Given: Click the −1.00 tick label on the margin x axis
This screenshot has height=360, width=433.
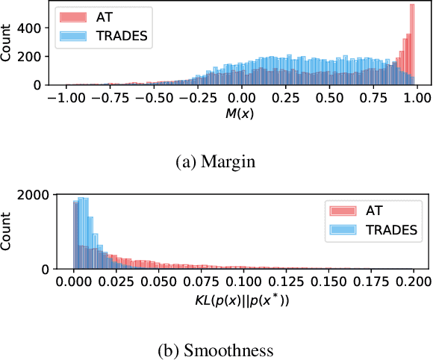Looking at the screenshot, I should coord(65,97).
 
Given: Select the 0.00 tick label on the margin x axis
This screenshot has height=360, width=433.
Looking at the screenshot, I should coord(240,97).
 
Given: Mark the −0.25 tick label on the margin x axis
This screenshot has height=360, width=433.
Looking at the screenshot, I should coord(196,97).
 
